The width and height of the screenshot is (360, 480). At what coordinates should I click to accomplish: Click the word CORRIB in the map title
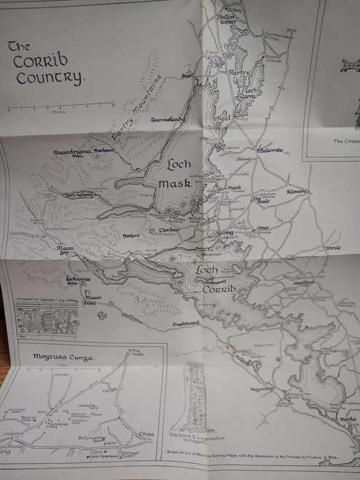[x=39, y=60]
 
